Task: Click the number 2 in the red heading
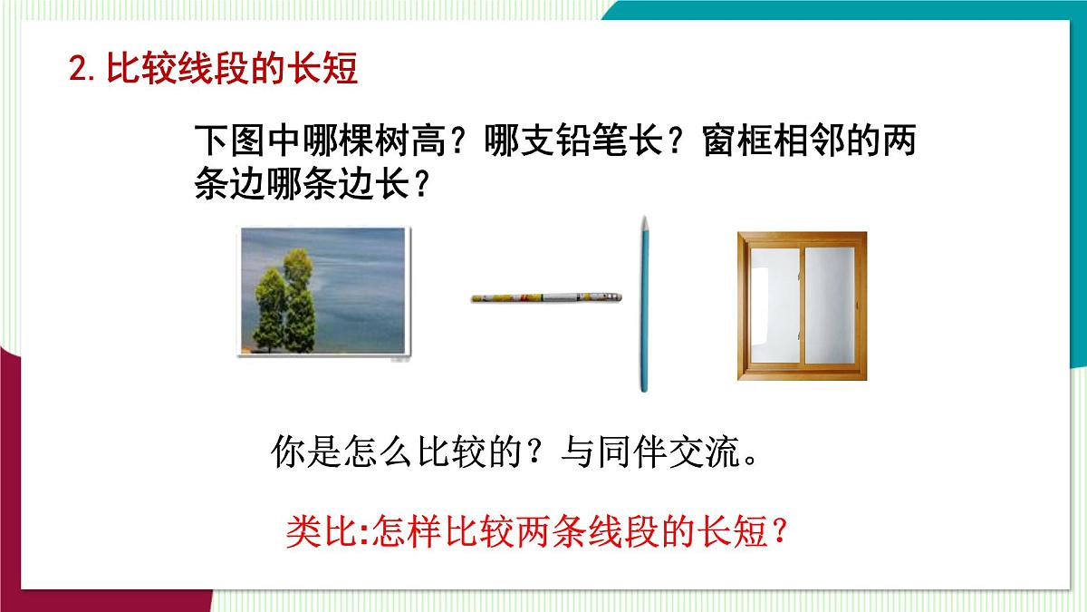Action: coord(78,70)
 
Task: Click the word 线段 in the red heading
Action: coord(200,70)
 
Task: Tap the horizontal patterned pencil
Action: coord(547,296)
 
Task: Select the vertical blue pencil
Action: coord(644,308)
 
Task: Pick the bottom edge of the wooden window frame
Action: coord(801,373)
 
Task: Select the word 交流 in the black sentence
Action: coord(704,451)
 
